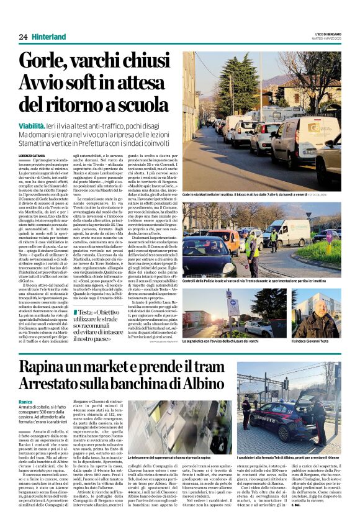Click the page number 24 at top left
tap(23, 37)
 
